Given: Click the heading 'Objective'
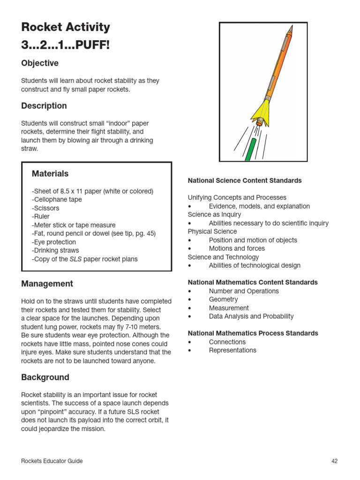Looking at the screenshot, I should coord(40,63).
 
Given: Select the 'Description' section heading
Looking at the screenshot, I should coord(44,106).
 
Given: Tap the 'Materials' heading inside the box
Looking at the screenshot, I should coord(50,174).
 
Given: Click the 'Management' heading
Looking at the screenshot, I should coord(47,284).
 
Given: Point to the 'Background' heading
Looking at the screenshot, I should coord(45,377).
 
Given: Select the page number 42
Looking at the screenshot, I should coord(334,461).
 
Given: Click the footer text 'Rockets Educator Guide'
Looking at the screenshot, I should coord(52,461).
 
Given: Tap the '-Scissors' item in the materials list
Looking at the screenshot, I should coord(45,208).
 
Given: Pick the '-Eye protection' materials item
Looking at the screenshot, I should coord(54,242).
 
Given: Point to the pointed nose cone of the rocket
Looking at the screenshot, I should coord(291,30).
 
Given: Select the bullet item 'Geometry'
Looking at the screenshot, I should coord(223,300).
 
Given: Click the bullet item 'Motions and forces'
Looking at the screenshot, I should coord(237,248).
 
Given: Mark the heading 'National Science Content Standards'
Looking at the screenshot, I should coord(245,180).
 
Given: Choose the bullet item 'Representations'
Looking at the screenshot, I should coord(232,350).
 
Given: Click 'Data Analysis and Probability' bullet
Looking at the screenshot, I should coord(251,316).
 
